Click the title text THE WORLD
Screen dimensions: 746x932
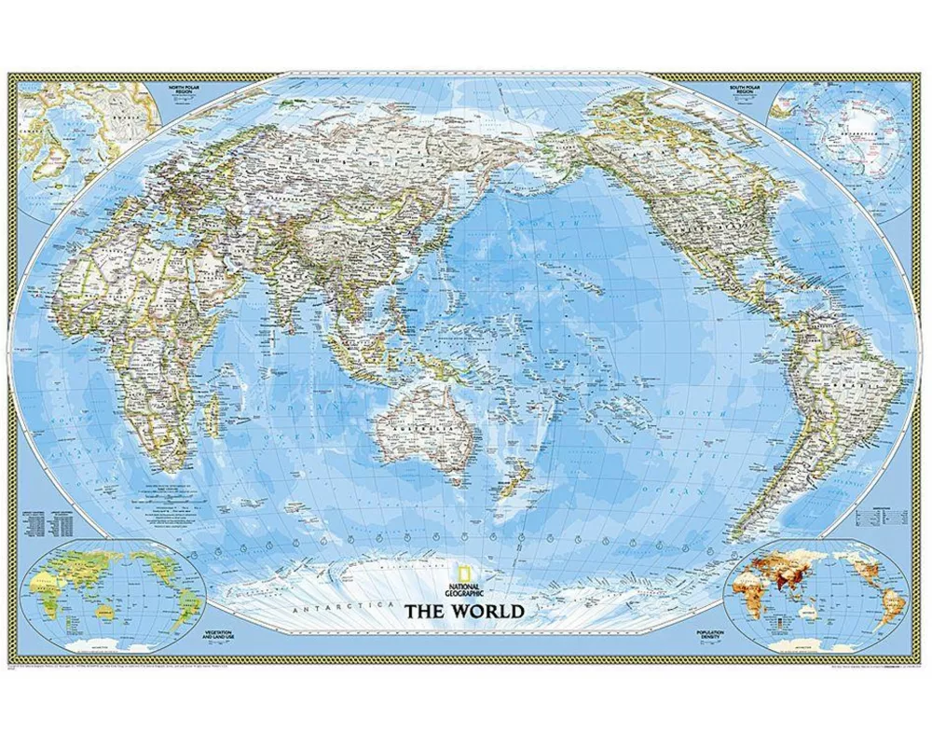(x=463, y=612)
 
